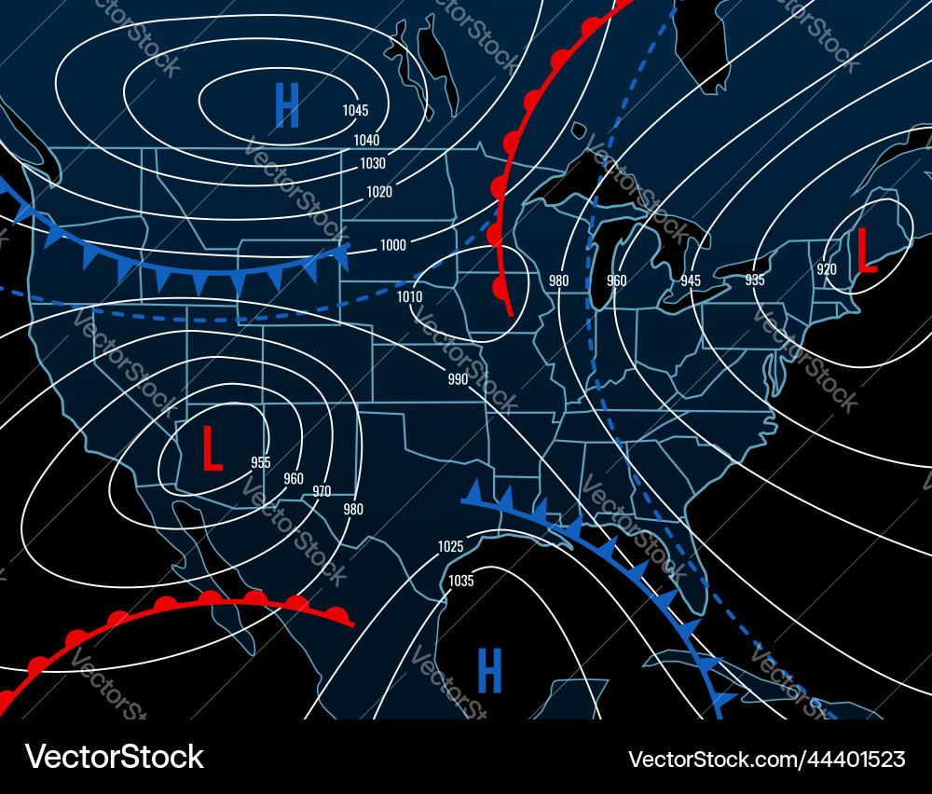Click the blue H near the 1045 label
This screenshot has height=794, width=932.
[x=287, y=105]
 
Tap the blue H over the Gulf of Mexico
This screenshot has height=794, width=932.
[x=489, y=670]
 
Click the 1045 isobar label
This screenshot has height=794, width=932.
[x=355, y=110]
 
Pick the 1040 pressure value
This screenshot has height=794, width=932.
[x=366, y=140]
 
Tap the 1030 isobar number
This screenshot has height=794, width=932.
[x=373, y=163]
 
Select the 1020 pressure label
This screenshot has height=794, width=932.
[x=379, y=192]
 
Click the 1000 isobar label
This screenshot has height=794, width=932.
[x=393, y=245]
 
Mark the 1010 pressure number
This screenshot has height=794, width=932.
[x=409, y=297]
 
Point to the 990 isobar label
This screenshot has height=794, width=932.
[x=458, y=379]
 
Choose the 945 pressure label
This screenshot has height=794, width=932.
[x=691, y=281]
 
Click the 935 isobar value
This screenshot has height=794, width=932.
[x=755, y=280]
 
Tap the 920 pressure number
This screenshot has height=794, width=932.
[x=827, y=269]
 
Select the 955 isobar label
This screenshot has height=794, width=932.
[x=260, y=462]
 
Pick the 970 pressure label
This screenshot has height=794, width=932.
[x=322, y=491]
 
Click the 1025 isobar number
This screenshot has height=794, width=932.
[x=450, y=546]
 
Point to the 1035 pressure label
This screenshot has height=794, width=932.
[x=461, y=581]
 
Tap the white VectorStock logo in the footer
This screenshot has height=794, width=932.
[x=115, y=756]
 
